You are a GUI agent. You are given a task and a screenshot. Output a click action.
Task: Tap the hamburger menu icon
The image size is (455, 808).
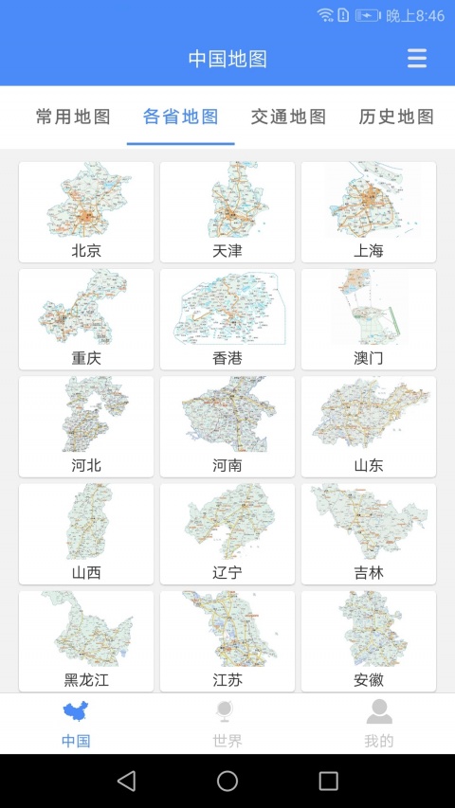[417, 59]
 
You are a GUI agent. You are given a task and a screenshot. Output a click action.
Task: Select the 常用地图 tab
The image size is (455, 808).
[73, 117]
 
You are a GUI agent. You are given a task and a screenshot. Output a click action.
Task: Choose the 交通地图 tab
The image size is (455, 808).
[288, 117]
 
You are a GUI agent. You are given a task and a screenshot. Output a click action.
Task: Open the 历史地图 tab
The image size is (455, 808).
[396, 117]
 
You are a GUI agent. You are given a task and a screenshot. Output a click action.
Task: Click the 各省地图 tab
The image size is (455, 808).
[181, 117]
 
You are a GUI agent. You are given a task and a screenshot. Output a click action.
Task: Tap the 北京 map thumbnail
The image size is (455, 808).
[86, 201]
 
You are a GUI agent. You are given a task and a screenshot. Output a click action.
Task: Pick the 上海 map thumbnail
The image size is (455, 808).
[369, 201]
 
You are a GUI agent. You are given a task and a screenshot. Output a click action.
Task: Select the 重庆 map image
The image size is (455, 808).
[86, 309]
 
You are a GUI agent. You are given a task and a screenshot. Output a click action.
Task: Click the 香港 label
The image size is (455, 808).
[227, 358]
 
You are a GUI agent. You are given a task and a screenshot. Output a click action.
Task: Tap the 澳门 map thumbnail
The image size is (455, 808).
[369, 309]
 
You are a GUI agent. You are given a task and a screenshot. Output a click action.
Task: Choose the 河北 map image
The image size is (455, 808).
[86, 416]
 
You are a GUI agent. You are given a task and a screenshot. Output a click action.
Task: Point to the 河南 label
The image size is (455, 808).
[227, 465]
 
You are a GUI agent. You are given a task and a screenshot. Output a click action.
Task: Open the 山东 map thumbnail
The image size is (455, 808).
[369, 416]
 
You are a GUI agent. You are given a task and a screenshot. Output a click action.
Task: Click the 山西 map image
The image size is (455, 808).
[86, 523]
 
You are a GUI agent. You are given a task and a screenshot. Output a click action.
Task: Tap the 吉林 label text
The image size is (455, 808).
[369, 572]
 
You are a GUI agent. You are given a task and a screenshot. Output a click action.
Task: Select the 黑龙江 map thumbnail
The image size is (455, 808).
[86, 630]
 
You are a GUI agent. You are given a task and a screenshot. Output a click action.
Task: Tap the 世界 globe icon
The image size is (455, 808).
[227, 712]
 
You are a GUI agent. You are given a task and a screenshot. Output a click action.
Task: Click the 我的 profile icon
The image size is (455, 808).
[379, 712]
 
